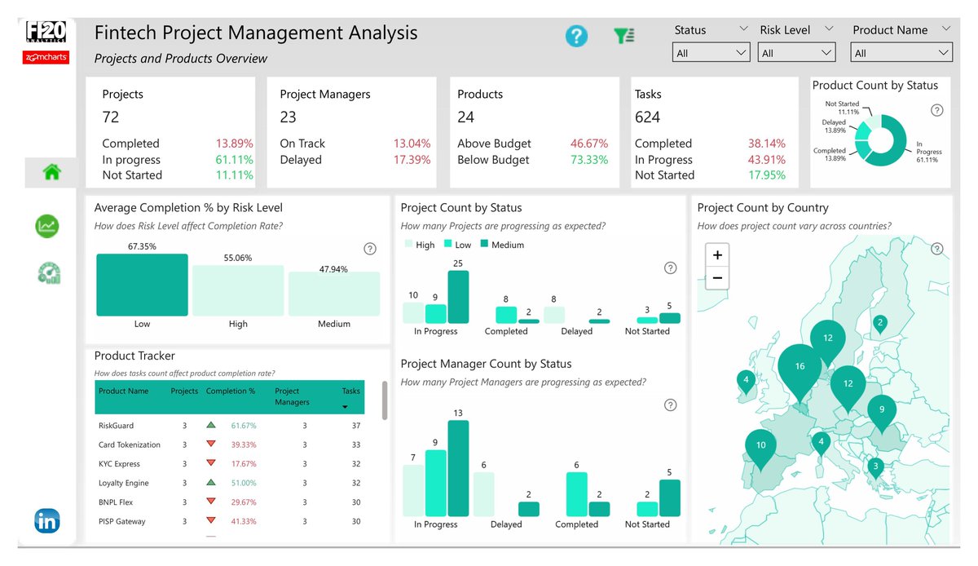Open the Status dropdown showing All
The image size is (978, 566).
tap(711, 53)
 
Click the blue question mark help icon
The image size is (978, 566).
tap(576, 36)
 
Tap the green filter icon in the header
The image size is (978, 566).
tap(625, 36)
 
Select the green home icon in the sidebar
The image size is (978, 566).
tap(52, 172)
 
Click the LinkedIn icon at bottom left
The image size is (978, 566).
tap(46, 520)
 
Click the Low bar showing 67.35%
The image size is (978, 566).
tap(142, 285)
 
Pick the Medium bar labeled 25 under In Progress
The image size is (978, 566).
tap(459, 297)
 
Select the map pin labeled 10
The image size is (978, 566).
tap(760, 446)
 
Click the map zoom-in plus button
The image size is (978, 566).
tap(717, 255)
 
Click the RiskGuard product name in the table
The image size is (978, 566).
tap(116, 426)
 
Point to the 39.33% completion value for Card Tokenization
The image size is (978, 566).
tap(243, 445)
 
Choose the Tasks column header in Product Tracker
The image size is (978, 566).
tap(350, 391)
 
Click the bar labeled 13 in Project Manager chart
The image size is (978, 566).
tap(459, 468)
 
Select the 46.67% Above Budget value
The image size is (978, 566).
tap(588, 144)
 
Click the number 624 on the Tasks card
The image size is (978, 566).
tap(648, 117)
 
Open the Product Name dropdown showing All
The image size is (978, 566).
tap(901, 53)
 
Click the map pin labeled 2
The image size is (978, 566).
tap(879, 324)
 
